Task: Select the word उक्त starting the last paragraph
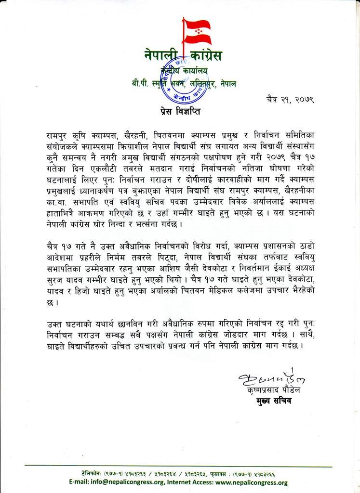tap(51, 322)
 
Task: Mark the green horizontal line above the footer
tap(178, 467)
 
